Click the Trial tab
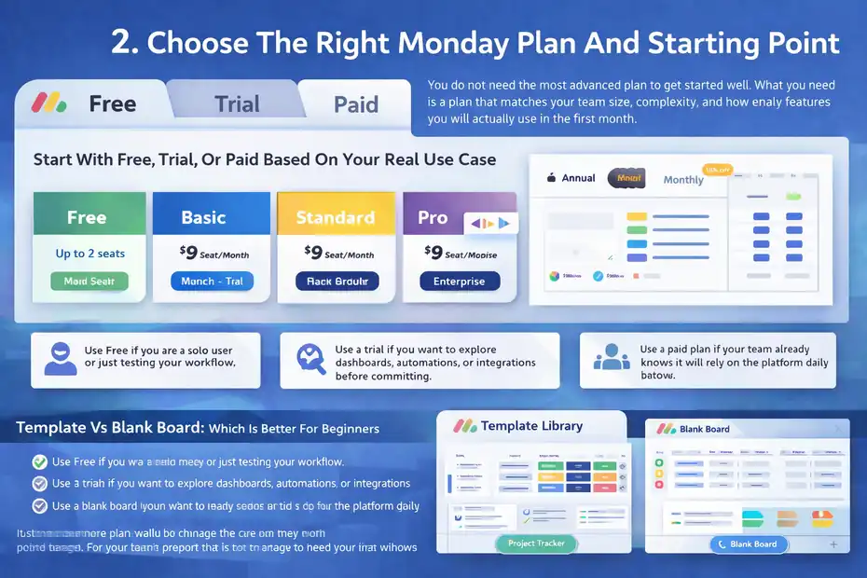point(237,103)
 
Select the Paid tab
point(355,103)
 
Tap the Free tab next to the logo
point(112,103)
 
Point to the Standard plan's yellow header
point(335,217)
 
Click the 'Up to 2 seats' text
point(89,253)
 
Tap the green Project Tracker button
point(536,543)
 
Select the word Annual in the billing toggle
point(578,178)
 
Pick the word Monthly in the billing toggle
point(683,180)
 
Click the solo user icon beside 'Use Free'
point(60,359)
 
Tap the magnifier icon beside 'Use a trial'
point(309,359)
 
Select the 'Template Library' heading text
point(531,426)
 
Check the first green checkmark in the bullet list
point(39,461)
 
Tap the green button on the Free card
point(89,281)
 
